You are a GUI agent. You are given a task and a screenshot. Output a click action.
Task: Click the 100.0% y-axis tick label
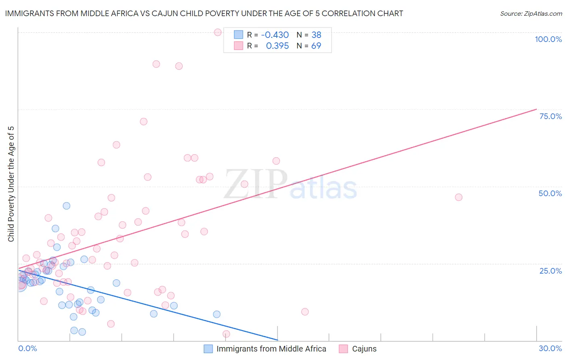coord(548,39)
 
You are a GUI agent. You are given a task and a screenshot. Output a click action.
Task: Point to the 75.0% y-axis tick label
coord(550,116)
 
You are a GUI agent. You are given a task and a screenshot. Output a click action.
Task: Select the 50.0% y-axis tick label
coord(550,193)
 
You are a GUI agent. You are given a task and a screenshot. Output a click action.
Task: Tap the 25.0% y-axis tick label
coord(550,271)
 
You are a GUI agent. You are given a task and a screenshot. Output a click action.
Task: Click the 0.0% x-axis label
coord(27,348)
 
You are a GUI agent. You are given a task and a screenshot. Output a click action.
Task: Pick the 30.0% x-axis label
coord(550,348)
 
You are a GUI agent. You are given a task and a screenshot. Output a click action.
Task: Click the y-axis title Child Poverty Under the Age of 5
coord(11,184)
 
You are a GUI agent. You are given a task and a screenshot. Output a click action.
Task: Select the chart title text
coord(204,14)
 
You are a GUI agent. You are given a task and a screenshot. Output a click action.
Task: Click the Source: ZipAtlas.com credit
coord(531,14)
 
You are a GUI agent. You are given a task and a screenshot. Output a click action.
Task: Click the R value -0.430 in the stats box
coord(275,35)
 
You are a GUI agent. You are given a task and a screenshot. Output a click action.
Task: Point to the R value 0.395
coord(277,46)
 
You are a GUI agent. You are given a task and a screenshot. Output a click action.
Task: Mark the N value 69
coord(316,46)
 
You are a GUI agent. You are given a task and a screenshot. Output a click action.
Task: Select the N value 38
coord(316,35)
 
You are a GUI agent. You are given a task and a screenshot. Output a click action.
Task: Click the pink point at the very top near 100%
coord(218,32)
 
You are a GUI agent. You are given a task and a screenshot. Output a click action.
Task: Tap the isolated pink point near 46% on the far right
coord(459,197)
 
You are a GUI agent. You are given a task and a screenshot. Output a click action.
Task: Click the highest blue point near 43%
coord(67,206)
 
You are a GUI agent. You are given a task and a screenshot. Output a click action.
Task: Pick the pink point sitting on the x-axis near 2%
coord(226,334)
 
